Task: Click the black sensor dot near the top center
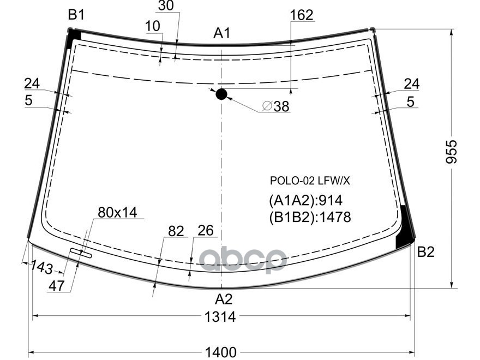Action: (x=221, y=94)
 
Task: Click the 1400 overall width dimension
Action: (x=221, y=352)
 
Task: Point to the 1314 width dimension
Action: (x=221, y=316)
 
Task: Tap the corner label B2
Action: (x=425, y=252)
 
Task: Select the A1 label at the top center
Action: (x=221, y=34)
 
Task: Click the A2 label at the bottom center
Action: (x=223, y=299)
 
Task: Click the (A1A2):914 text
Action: (x=305, y=200)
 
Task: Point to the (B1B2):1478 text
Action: (x=309, y=217)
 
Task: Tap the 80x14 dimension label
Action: (x=117, y=212)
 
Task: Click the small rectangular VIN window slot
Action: (x=80, y=252)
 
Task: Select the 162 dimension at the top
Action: (x=302, y=15)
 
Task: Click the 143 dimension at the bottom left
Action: (x=42, y=268)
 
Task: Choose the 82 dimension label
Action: (x=176, y=231)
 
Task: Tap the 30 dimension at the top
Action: (x=166, y=6)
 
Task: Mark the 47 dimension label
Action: (x=57, y=286)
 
